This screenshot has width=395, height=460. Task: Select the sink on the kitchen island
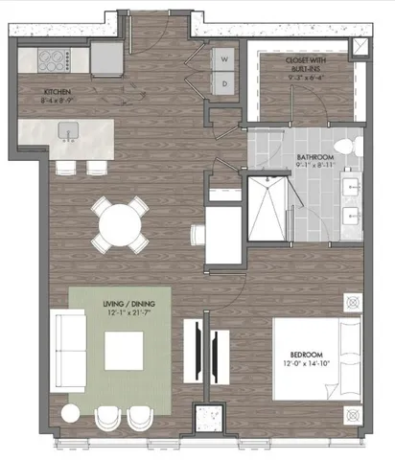(x=66, y=130)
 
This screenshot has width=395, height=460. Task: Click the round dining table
(x=123, y=226)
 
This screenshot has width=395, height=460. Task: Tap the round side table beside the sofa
(x=70, y=413)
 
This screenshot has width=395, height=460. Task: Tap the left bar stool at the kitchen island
(x=66, y=168)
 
